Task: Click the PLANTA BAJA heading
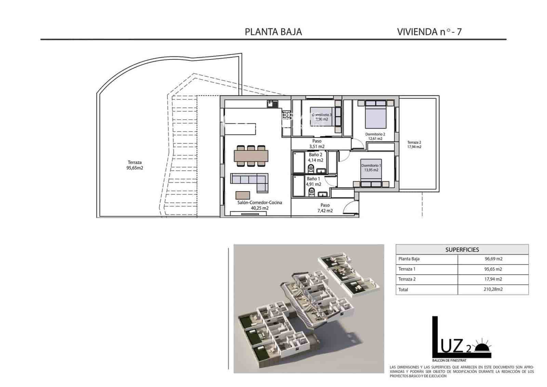tap(273, 32)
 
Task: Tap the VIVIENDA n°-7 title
tap(429, 32)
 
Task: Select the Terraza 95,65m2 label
tap(135, 165)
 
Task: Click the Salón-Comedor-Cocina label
tap(259, 205)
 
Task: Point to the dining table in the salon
tap(251, 156)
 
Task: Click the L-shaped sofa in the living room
tap(249, 182)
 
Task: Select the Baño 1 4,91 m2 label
tap(313, 182)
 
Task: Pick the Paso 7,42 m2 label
tap(325, 208)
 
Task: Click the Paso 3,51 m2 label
tap(317, 144)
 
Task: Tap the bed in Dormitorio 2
tap(375, 115)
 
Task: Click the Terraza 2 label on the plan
tap(414, 144)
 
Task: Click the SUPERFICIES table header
tap(462, 250)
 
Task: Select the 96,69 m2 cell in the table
tap(493, 259)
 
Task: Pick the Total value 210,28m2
tap(493, 289)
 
